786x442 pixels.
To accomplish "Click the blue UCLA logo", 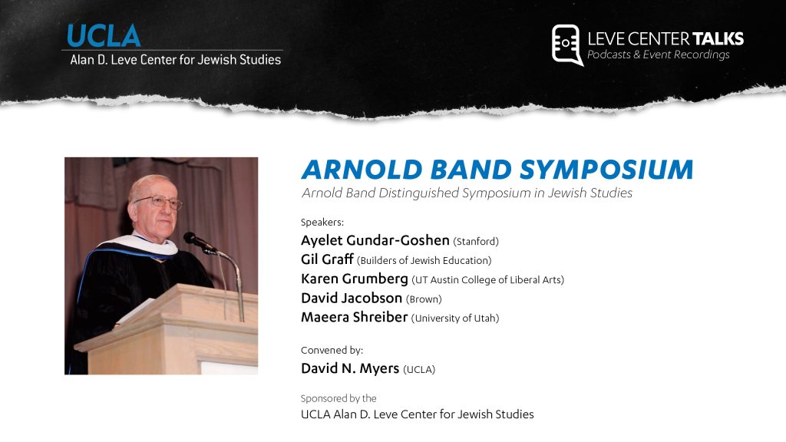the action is pyautogui.click(x=104, y=35).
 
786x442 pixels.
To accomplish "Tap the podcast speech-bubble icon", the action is pyautogui.click(x=567, y=45).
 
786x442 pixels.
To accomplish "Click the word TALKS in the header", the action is pyautogui.click(x=718, y=38).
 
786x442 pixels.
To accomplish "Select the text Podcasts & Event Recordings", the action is pyautogui.click(x=658, y=54).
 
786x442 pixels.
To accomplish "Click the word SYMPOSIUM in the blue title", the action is pyautogui.click(x=606, y=170).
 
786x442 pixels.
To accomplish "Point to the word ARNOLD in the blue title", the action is pyautogui.click(x=362, y=170).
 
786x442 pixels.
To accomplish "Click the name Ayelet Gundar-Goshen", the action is pyautogui.click(x=375, y=240).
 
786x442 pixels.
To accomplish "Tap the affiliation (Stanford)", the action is pyautogui.click(x=476, y=242).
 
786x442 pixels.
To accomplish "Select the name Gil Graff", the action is pyautogui.click(x=327, y=259).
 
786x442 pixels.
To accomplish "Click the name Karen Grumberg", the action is pyautogui.click(x=355, y=279).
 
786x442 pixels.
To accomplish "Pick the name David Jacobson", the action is pyautogui.click(x=352, y=299).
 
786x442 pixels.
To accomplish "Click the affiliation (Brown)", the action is pyautogui.click(x=424, y=299).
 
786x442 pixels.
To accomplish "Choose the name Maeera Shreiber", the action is pyautogui.click(x=355, y=317).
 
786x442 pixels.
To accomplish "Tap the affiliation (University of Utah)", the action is pyautogui.click(x=455, y=318).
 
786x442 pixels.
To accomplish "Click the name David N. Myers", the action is pyautogui.click(x=350, y=368).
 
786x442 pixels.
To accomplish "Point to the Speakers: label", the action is pyautogui.click(x=322, y=223).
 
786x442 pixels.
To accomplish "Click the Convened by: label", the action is pyautogui.click(x=332, y=350).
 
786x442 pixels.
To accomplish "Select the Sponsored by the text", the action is pyautogui.click(x=339, y=398).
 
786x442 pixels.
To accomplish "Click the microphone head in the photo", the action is pyautogui.click(x=193, y=239).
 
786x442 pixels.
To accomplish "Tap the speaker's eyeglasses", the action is pyautogui.click(x=159, y=202).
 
